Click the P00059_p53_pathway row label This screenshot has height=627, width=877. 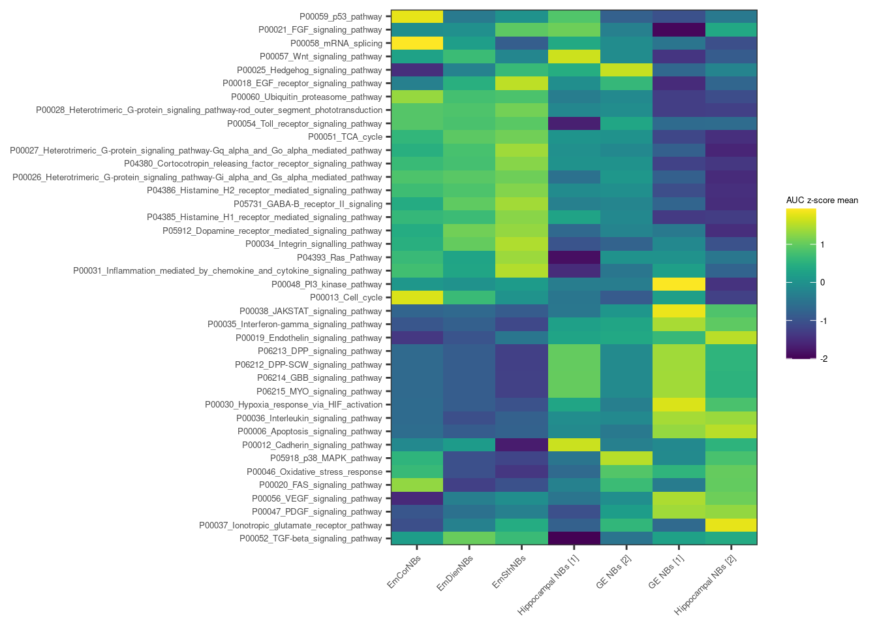(x=341, y=16)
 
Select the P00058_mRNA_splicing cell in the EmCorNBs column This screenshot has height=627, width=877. (x=417, y=43)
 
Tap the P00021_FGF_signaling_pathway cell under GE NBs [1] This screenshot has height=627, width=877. (x=679, y=30)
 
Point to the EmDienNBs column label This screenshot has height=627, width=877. (x=455, y=573)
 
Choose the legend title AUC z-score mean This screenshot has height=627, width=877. (x=822, y=201)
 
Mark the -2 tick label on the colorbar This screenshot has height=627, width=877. (x=824, y=359)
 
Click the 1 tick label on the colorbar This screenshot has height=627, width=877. (x=823, y=245)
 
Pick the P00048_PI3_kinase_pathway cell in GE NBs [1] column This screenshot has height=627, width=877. (x=679, y=284)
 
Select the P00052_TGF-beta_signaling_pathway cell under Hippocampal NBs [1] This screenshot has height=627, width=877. (x=574, y=538)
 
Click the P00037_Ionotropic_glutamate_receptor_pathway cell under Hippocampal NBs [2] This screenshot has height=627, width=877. (x=731, y=525)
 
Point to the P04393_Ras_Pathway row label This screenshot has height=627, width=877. (x=339, y=257)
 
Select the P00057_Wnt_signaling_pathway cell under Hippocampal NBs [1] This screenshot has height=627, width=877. (x=574, y=57)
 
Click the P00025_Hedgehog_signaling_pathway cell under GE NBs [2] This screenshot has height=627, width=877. (x=626, y=70)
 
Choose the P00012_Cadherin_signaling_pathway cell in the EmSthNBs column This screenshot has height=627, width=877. (x=521, y=445)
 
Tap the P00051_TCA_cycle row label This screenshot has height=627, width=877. (x=345, y=137)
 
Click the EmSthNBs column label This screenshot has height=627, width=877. (x=509, y=571)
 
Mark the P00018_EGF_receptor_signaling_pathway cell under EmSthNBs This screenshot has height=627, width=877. (x=521, y=84)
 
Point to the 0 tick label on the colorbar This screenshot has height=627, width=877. (x=823, y=283)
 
